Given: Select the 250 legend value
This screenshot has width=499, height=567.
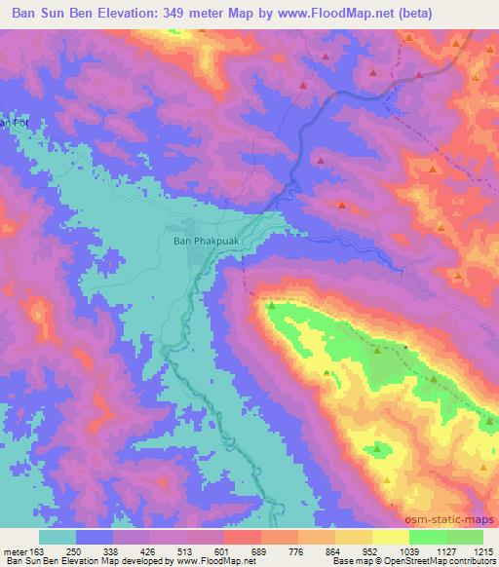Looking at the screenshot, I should coord(73,550).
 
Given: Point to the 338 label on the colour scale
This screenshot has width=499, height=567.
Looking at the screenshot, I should coord(110,550).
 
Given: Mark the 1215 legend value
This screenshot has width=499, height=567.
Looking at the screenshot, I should coord(484,550).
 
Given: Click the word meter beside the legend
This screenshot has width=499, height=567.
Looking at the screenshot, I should coord(14,550).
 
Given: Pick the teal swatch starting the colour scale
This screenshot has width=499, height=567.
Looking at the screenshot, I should coord(58,537).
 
